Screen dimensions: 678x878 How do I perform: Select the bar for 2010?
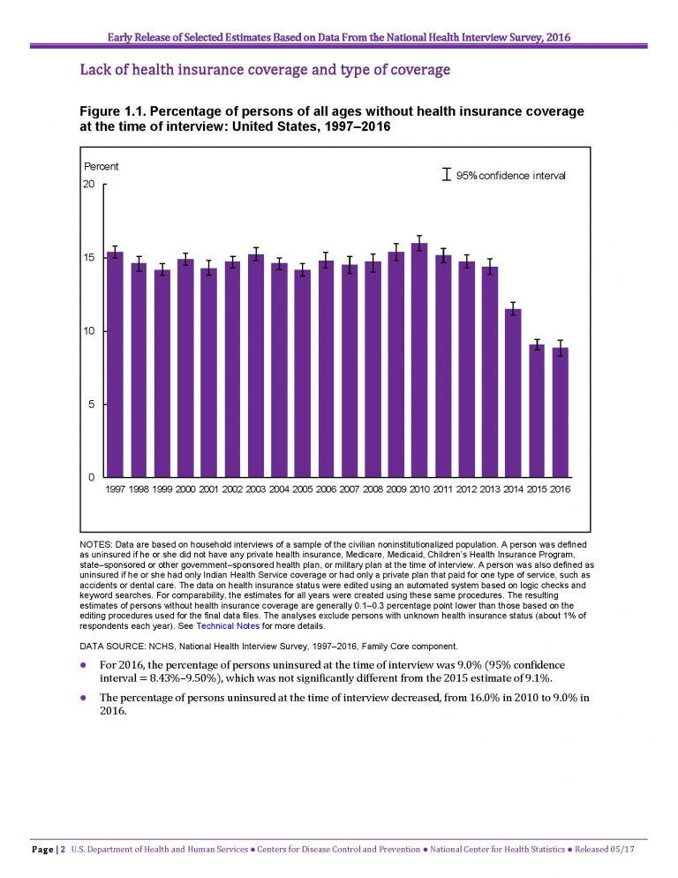(x=419, y=360)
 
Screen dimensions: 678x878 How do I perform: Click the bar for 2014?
(x=513, y=393)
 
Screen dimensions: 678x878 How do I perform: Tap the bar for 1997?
(x=115, y=365)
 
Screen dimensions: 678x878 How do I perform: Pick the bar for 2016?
(x=560, y=413)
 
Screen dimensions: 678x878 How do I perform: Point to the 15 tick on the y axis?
(x=103, y=258)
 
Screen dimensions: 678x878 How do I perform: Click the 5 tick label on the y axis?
(x=91, y=405)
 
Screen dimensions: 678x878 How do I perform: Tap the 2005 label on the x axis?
(x=302, y=489)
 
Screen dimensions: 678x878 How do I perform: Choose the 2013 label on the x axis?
(x=489, y=489)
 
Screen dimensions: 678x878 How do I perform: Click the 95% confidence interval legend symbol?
(x=446, y=175)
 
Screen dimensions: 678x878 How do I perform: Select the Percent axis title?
(x=102, y=166)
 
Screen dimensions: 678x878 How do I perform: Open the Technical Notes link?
(x=228, y=626)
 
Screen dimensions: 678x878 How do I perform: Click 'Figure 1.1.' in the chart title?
(x=111, y=111)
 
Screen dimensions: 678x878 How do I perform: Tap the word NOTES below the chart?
(x=95, y=544)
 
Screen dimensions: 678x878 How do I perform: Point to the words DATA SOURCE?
(x=112, y=647)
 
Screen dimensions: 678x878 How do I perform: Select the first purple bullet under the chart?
(x=83, y=665)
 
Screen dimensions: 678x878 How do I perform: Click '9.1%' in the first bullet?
(x=539, y=678)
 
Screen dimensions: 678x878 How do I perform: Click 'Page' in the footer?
(x=42, y=850)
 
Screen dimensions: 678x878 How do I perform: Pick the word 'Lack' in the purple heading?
(x=93, y=70)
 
